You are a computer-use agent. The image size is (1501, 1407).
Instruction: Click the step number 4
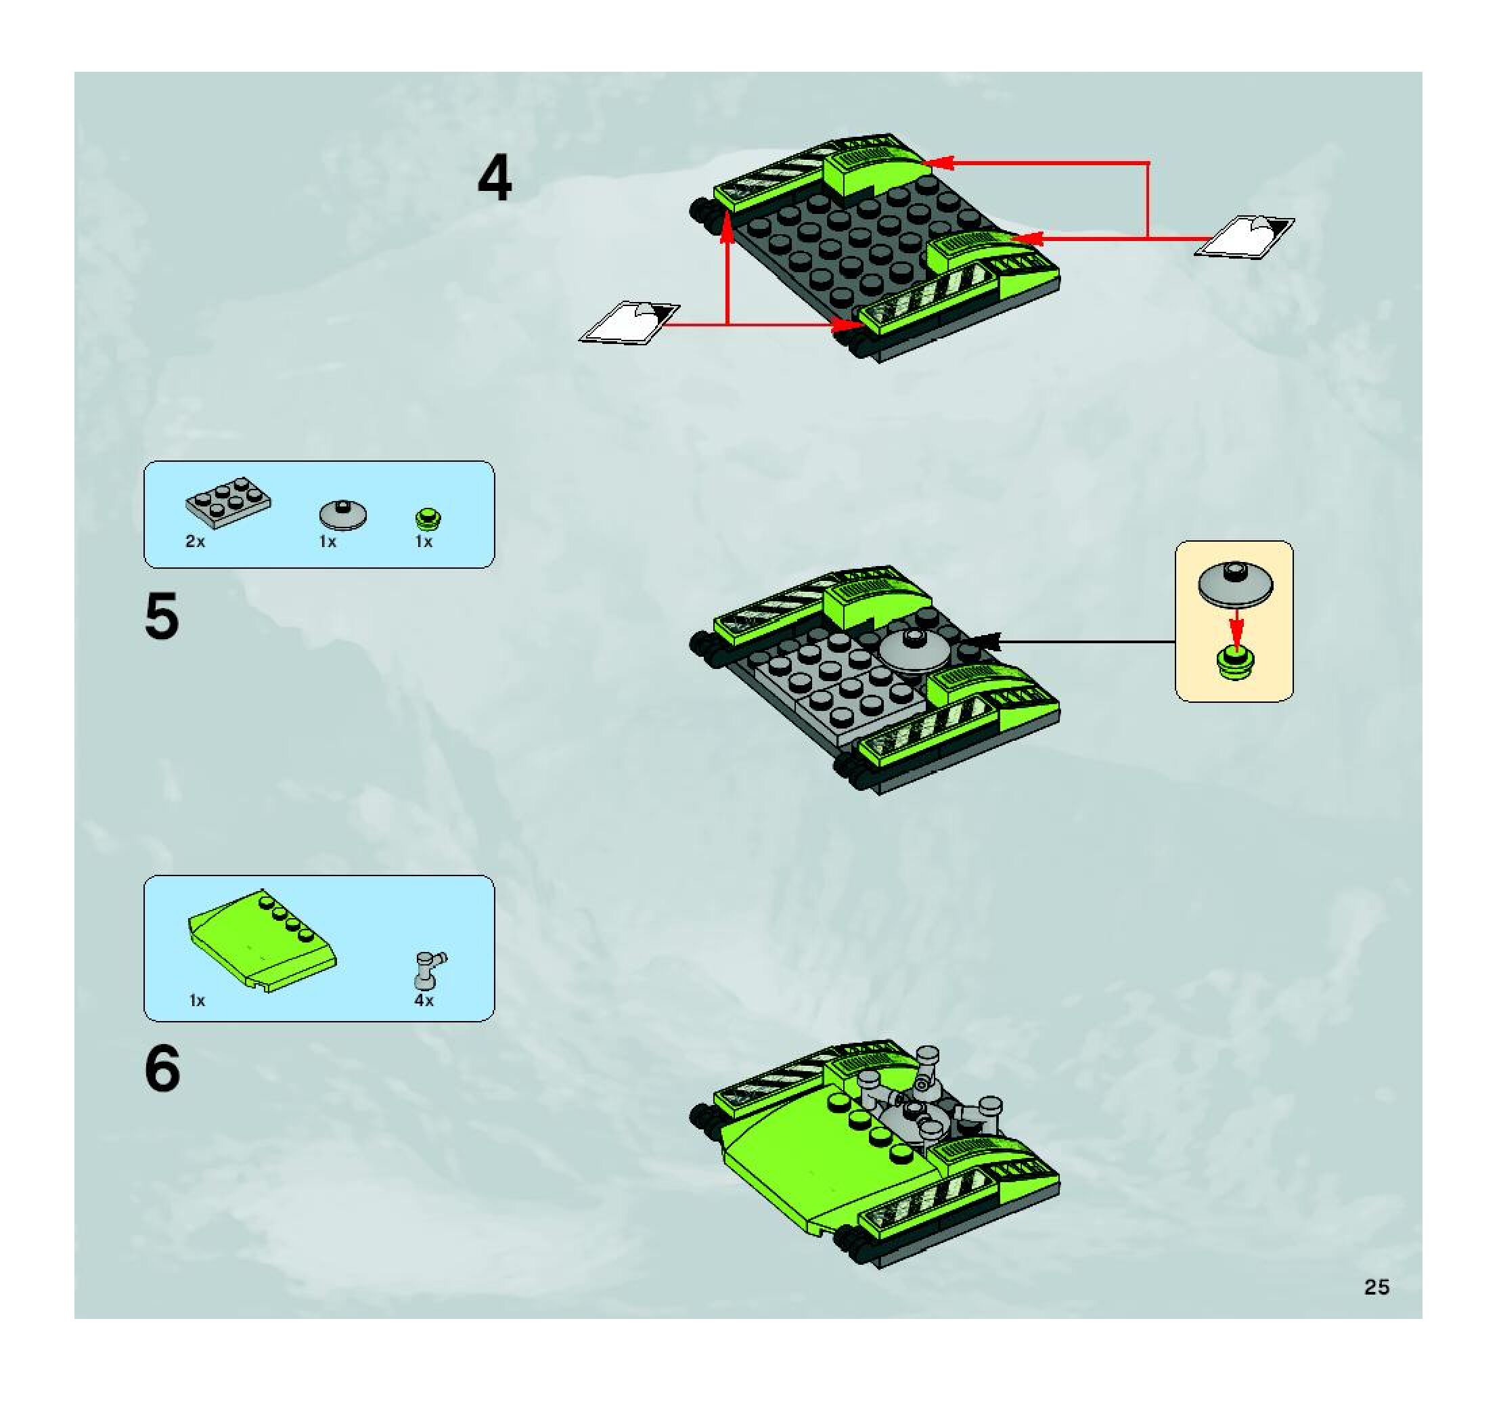[495, 179]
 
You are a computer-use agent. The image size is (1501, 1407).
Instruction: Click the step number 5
[162, 616]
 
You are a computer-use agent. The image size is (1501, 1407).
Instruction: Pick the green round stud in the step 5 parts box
[428, 519]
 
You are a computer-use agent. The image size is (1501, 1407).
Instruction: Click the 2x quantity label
[195, 542]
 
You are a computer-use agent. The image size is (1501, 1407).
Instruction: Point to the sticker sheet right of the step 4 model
[1244, 236]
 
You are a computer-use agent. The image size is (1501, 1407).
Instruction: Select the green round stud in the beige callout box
[1235, 664]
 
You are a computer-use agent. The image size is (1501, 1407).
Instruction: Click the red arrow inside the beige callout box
[1236, 626]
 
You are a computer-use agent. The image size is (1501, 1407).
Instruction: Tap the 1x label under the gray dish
[328, 542]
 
